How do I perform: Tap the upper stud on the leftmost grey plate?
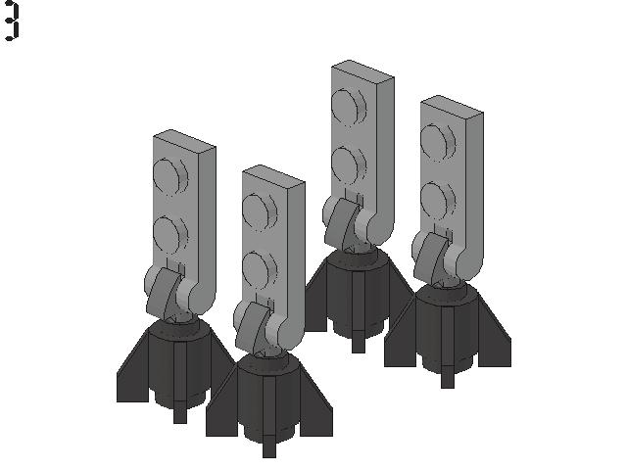[169, 181]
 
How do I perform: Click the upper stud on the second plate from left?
[258, 214]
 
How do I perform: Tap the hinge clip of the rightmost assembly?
[429, 258]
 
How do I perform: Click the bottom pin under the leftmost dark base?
[179, 411]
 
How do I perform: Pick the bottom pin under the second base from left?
[268, 446]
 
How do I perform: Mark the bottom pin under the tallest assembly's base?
[359, 343]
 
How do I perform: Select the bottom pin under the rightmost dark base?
[447, 378]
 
